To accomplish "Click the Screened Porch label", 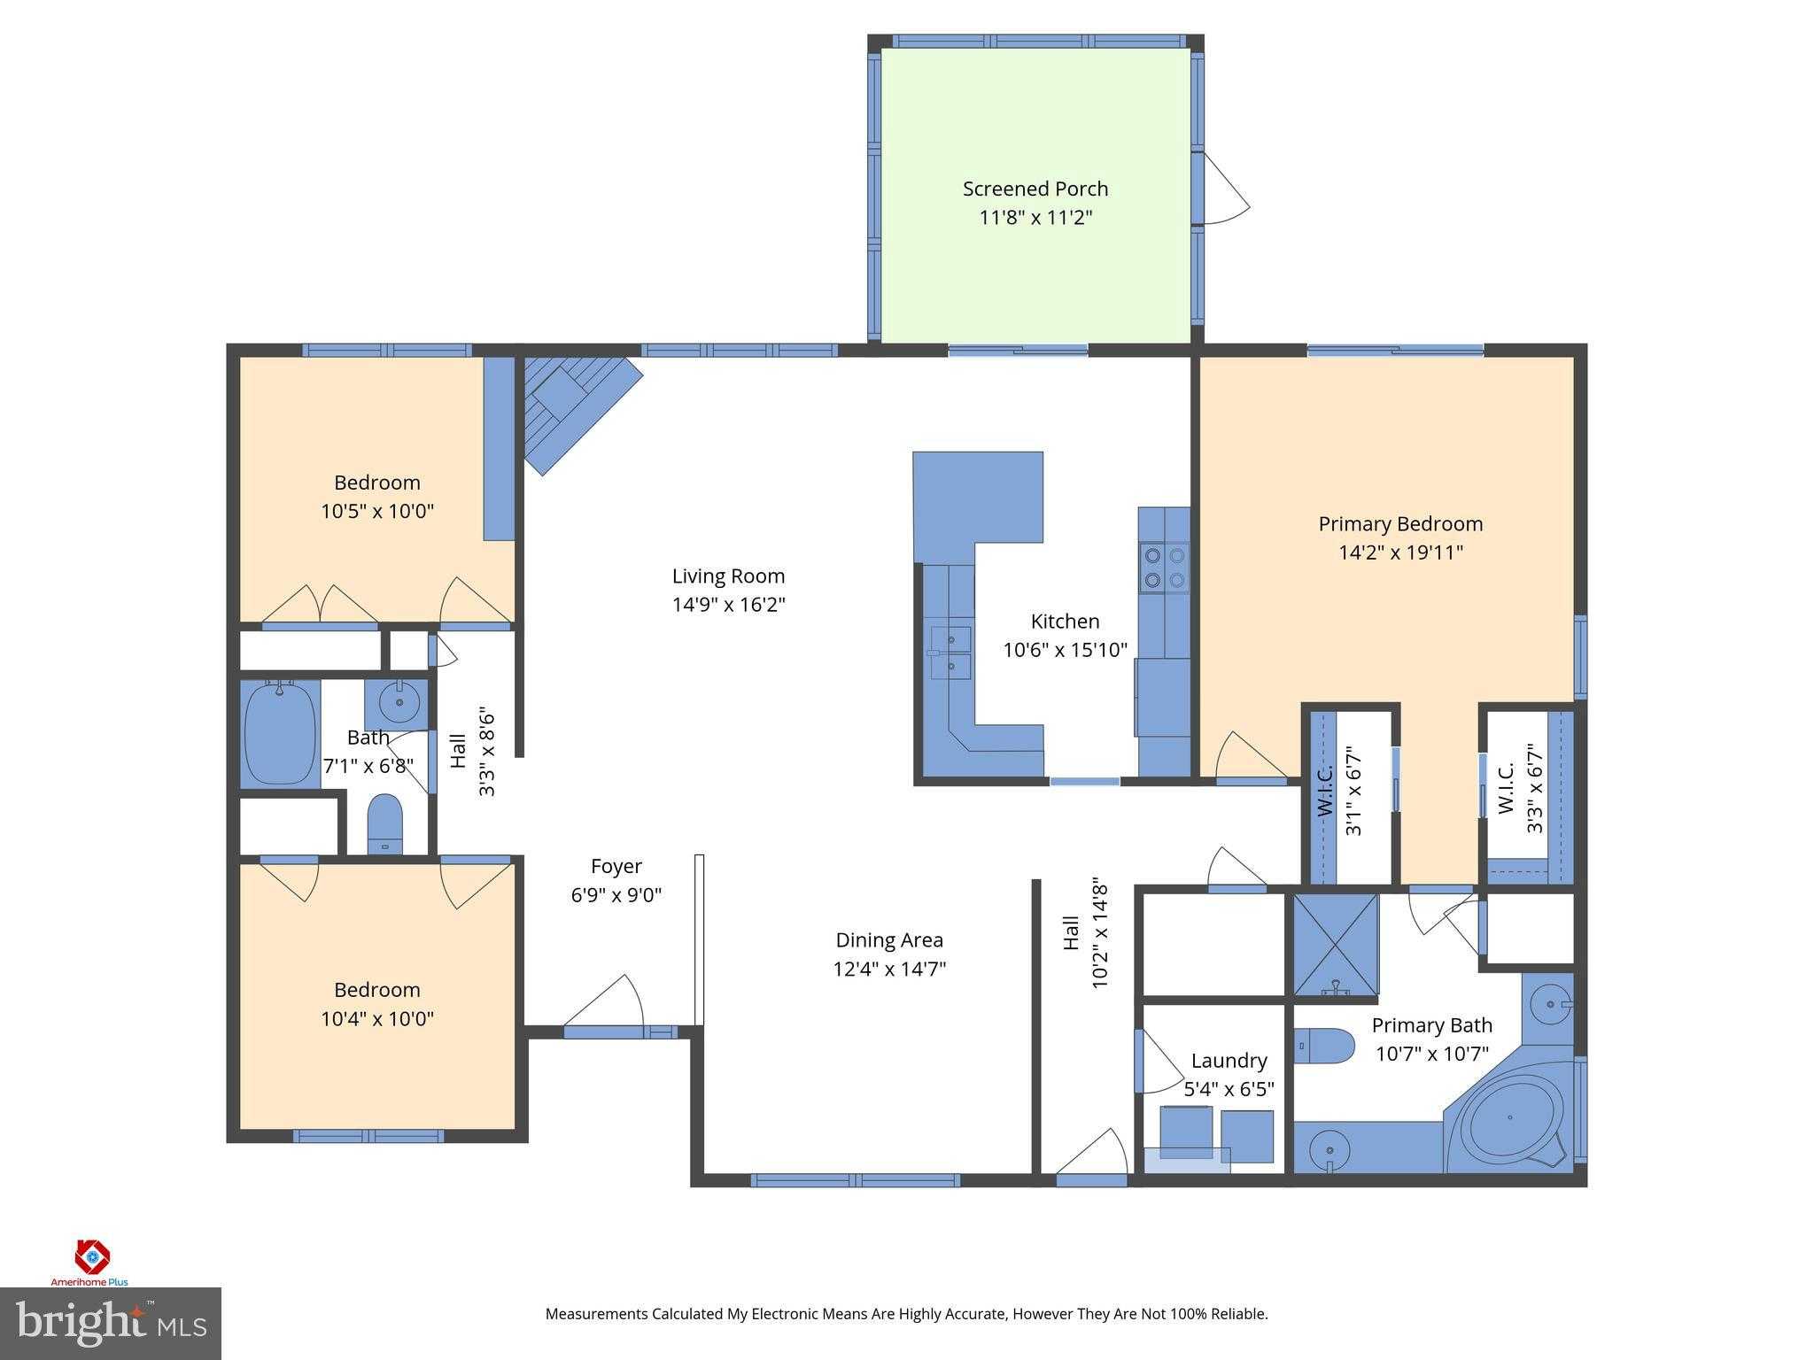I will (x=1035, y=189).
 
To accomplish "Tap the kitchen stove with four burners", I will (x=1164, y=568).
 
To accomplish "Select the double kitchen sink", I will (x=950, y=653).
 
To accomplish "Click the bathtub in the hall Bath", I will (x=280, y=732).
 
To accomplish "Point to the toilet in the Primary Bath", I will (x=1324, y=1046).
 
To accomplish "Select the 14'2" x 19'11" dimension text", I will (x=1399, y=552).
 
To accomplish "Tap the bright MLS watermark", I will (x=110, y=1324).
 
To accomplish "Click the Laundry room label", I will (x=1228, y=1061).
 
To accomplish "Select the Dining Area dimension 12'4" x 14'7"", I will (x=889, y=969).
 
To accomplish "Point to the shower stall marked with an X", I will (x=1336, y=945).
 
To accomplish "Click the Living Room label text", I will (x=728, y=576).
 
